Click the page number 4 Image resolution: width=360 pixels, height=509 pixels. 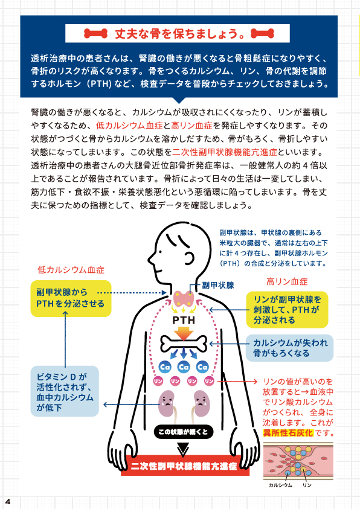(8, 502)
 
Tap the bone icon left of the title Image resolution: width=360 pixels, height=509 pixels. (95, 33)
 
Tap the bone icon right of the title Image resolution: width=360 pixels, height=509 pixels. (262, 33)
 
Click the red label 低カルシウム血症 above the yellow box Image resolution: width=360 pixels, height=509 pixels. (71, 270)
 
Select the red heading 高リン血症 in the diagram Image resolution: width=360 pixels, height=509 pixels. (287, 281)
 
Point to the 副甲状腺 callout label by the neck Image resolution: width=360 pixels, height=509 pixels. (218, 286)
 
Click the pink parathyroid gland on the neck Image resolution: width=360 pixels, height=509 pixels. (184, 299)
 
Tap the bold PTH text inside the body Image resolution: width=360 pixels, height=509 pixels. (184, 320)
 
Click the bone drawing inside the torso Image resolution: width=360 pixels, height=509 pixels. (184, 344)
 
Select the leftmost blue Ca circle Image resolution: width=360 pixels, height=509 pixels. (165, 367)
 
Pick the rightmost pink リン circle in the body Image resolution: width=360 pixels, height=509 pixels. (209, 381)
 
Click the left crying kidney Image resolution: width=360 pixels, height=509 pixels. (166, 403)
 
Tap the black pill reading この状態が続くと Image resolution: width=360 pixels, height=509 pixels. (184, 432)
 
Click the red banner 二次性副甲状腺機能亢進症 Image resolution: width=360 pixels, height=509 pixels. (184, 467)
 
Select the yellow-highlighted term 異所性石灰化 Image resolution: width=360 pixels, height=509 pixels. (288, 433)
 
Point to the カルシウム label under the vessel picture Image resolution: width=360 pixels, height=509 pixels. (280, 485)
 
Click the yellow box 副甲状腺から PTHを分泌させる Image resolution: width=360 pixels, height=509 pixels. (71, 298)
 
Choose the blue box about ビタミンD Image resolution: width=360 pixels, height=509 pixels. (65, 391)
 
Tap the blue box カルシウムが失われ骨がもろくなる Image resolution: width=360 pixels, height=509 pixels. (289, 348)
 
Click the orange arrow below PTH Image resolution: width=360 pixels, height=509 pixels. (184, 333)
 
